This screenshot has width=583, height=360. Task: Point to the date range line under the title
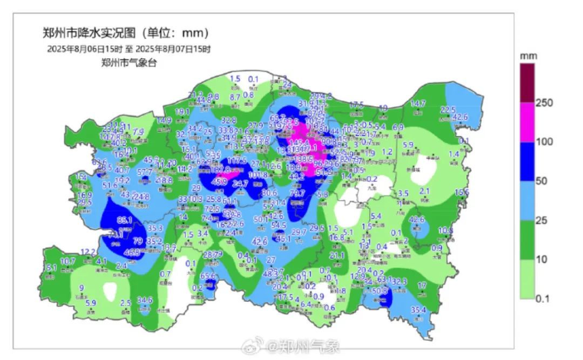pyautogui.click(x=128, y=49)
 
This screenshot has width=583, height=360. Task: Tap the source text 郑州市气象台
pyautogui.click(x=129, y=62)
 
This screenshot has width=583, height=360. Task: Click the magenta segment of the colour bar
pyautogui.click(x=527, y=122)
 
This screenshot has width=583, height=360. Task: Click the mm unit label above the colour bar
pyautogui.click(x=526, y=56)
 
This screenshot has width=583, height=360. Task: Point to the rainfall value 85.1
pyautogui.click(x=125, y=220)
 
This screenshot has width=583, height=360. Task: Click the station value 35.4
pyautogui.click(x=418, y=310)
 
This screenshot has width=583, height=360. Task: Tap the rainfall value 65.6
pyautogui.click(x=208, y=276)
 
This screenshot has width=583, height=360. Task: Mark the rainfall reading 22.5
pyautogui.click(x=448, y=110)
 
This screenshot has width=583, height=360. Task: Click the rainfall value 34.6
pyautogui.click(x=144, y=300)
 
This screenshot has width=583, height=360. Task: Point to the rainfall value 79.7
pyautogui.click(x=297, y=193)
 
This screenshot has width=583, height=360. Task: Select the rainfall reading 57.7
pyautogui.click(x=145, y=172)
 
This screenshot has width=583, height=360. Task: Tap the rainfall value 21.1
pyautogui.click(x=337, y=255)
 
